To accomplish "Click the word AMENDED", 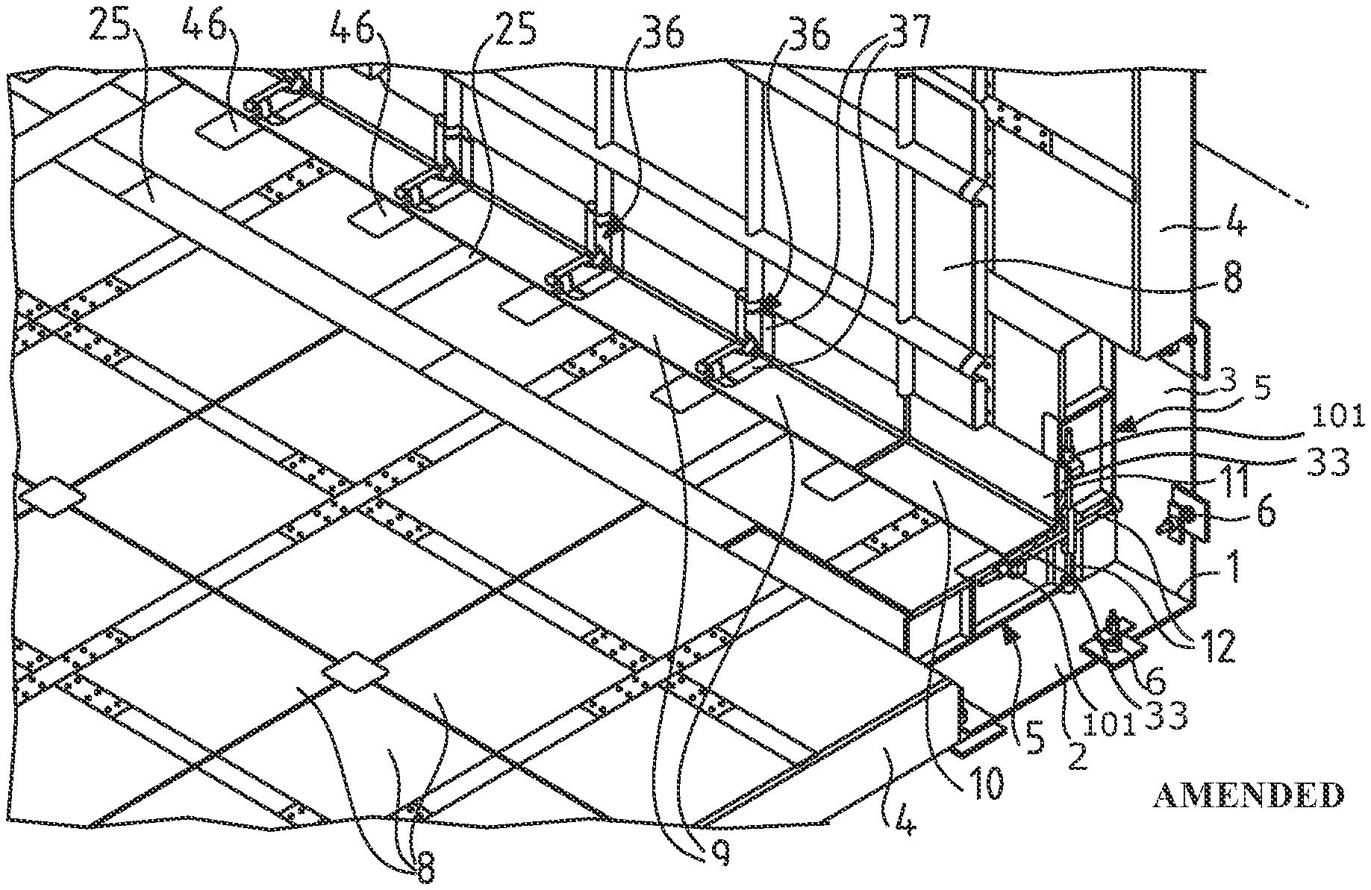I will pyautogui.click(x=1247, y=795).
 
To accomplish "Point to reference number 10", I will pyautogui.click(x=987, y=783).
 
